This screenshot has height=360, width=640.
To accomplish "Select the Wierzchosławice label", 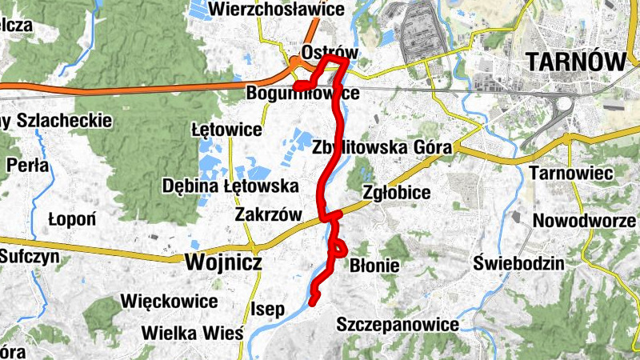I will click(x=275, y=10).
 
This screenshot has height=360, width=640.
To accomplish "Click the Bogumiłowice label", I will click(x=302, y=93).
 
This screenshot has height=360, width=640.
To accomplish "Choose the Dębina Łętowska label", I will click(x=230, y=186).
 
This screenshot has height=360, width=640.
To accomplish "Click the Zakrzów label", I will click(x=268, y=214).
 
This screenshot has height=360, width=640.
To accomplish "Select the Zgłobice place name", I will click(x=397, y=193).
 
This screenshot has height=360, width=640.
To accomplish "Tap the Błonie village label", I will click(x=375, y=265).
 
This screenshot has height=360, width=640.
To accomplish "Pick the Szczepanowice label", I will click(x=398, y=325).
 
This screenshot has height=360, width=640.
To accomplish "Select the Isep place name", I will click(x=268, y=309).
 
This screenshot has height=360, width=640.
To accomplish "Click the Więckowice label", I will click(x=169, y=302).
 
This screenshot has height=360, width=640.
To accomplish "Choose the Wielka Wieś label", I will click(x=191, y=332).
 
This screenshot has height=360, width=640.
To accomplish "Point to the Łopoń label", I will click(x=72, y=218).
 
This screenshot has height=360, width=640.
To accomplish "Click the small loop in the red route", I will click(x=338, y=248).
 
